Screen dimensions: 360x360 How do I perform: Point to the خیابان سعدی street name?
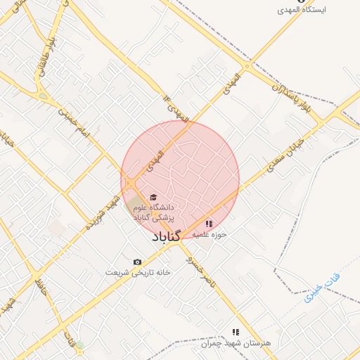click(x=283, y=159)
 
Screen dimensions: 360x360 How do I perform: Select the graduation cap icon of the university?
click(x=154, y=198)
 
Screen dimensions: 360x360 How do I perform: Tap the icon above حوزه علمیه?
click(x=210, y=224)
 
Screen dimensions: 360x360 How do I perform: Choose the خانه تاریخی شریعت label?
click(x=137, y=272)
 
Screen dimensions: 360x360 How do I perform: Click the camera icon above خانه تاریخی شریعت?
click(x=137, y=262)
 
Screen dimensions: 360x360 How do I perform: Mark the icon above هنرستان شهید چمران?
click(x=236, y=331)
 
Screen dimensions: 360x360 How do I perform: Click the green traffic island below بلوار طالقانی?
click(x=44, y=96)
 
